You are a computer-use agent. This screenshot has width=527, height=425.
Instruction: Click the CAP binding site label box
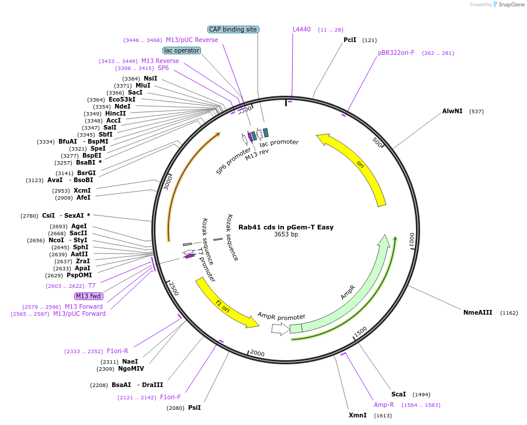point(233,29)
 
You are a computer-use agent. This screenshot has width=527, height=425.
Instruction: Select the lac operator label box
point(182,51)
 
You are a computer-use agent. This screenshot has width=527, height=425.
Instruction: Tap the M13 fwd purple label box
point(89,296)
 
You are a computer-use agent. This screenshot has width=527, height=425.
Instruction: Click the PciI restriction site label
point(349,40)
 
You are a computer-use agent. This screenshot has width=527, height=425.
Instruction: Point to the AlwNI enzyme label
point(452,111)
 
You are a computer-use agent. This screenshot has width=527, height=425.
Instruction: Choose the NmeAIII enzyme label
point(477,312)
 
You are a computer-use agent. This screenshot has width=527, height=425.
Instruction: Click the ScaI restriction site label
point(398,394)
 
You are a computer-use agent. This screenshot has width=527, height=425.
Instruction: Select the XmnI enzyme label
point(358,415)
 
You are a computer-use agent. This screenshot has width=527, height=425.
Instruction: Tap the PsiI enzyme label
point(194,407)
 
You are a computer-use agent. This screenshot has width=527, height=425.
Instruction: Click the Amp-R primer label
point(384,405)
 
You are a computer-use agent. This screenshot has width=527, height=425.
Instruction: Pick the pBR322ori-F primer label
point(396,53)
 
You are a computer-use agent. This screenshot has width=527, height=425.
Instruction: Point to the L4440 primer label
point(301,29)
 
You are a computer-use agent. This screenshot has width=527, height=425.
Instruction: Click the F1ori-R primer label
point(117,351)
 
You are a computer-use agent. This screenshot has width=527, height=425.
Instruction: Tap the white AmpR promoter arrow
point(280,329)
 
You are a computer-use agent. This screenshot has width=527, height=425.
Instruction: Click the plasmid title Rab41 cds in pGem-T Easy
point(286,227)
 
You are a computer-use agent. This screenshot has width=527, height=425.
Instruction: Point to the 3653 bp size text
point(286,235)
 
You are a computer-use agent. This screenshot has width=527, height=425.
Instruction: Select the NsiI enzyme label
point(150,78)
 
